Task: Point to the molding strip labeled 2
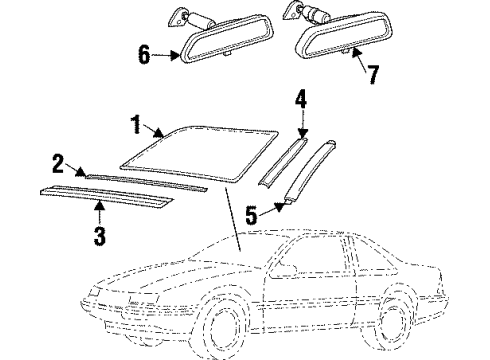(x=145, y=181)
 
